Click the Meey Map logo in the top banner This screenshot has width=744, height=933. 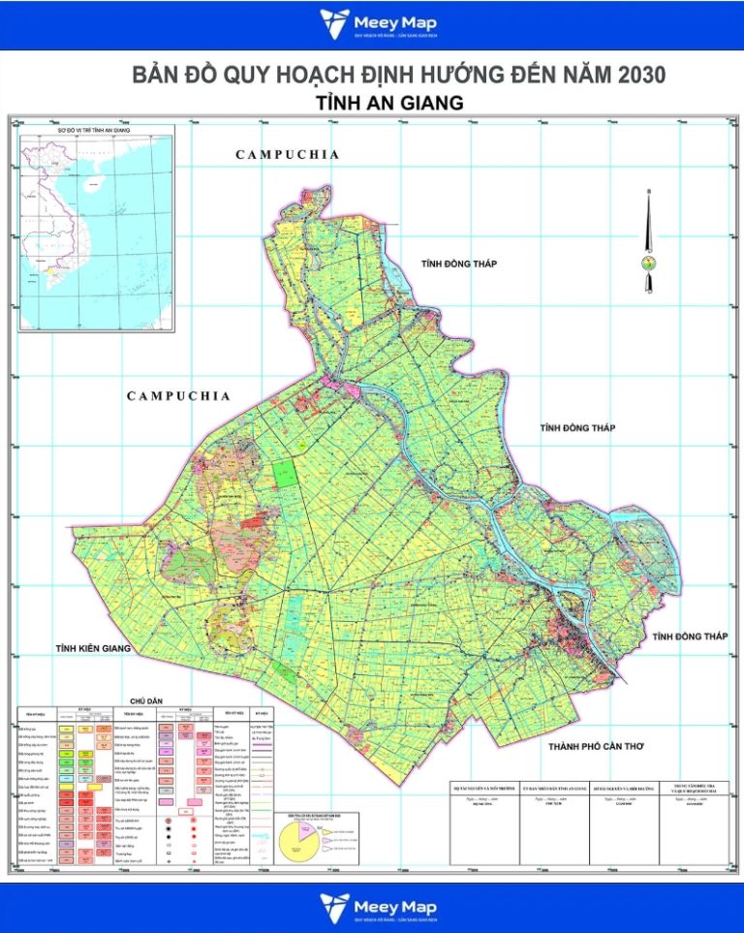371,24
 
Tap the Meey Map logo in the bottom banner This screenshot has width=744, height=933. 371,908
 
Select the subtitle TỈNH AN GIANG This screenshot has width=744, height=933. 388,103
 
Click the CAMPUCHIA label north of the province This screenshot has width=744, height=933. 288,154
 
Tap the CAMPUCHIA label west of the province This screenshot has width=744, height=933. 178,395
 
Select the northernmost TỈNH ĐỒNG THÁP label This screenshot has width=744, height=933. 458,264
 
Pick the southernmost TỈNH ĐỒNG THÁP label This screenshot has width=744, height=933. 690,636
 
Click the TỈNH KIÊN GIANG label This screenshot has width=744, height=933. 92,648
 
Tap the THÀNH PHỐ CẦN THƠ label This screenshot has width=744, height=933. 596,746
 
